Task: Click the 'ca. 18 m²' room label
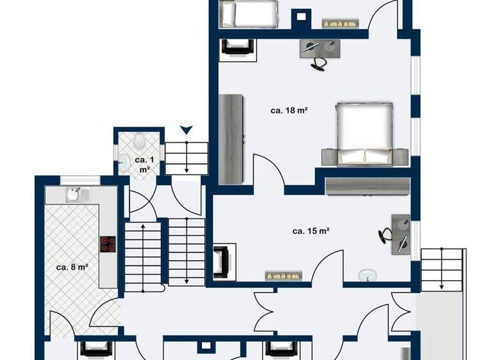(x=289, y=111)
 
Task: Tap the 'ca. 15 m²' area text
(x=311, y=230)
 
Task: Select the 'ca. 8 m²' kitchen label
(x=71, y=267)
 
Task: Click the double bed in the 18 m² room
(x=365, y=133)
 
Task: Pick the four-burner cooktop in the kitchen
(x=108, y=245)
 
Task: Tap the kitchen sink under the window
(x=76, y=193)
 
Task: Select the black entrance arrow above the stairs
(x=186, y=130)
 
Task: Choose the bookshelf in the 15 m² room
(x=284, y=276)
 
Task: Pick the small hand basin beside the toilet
(x=125, y=163)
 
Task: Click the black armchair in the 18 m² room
(x=233, y=48)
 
